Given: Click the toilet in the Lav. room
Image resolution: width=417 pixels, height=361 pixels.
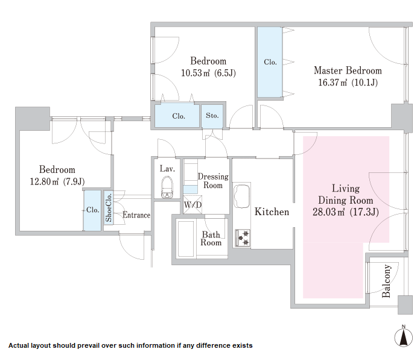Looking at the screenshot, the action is (x=167, y=187).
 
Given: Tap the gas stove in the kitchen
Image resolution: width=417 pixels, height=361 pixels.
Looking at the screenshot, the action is (x=243, y=238).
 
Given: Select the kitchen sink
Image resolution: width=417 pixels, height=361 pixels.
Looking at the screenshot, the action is (x=241, y=196).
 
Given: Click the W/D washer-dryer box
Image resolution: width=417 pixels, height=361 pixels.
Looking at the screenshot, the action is (x=193, y=204).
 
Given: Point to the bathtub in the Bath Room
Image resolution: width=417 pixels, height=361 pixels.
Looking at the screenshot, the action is (x=186, y=239).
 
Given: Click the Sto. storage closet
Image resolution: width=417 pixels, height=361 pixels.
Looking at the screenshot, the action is (x=212, y=116).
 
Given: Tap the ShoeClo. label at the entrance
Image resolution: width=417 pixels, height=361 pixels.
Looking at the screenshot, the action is (x=108, y=208).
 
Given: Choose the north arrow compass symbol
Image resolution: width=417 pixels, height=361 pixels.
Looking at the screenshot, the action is (x=404, y=337).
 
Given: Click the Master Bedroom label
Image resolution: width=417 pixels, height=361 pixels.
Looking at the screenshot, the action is (x=348, y=71).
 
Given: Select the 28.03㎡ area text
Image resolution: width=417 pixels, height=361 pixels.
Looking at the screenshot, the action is (x=328, y=212).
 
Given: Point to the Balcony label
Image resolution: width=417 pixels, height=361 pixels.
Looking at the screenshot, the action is (x=386, y=281).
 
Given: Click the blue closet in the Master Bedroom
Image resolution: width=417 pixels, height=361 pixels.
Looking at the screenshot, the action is (x=270, y=62).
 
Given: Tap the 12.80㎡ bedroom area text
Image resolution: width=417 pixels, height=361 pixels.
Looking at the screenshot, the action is (x=44, y=181).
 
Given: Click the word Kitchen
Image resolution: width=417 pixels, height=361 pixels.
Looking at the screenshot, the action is (x=272, y=212).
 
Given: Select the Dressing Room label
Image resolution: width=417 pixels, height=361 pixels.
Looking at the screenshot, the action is (x=213, y=181).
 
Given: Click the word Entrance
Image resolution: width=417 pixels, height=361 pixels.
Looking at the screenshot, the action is (x=136, y=215).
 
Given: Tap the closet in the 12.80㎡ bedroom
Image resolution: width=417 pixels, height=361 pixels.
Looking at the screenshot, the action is (x=92, y=210).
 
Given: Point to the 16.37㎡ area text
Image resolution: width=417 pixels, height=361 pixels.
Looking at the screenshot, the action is (x=333, y=83).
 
